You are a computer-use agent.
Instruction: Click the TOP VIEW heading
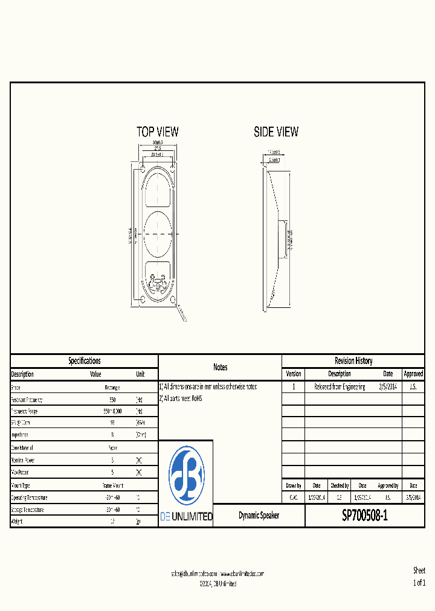coord(157,132)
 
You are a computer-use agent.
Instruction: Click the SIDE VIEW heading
coord(275,132)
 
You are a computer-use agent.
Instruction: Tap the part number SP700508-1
coord(365,516)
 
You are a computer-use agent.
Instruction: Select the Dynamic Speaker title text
coord(259,516)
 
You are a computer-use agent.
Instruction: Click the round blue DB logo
coord(186,475)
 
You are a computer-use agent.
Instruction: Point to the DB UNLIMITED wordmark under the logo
coord(186,517)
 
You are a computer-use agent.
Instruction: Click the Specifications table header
coord(84,361)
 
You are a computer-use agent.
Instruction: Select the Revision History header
coord(353,361)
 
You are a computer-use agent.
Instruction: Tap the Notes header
coord(220,367)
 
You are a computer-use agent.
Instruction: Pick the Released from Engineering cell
coord(340,387)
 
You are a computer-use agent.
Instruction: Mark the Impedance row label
coord(21,435)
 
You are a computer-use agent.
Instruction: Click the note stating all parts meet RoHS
coord(181,398)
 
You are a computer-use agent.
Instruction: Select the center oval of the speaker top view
coord(157,233)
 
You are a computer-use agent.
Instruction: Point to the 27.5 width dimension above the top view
coord(157,148)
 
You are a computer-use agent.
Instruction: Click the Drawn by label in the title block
coord(293,485)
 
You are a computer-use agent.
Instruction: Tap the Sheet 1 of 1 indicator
coord(419,577)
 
